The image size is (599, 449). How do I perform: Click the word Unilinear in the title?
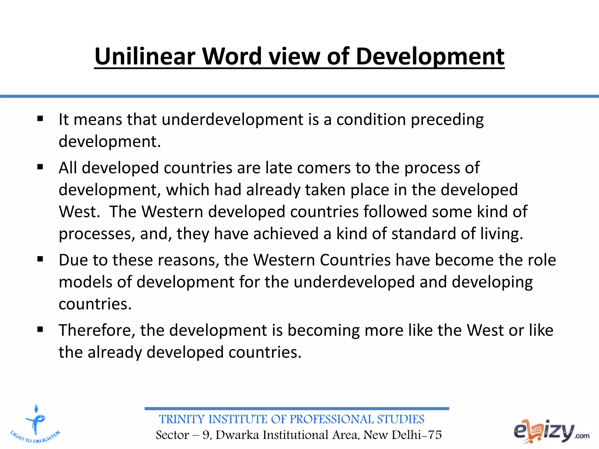(x=145, y=56)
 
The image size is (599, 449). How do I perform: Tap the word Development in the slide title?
(x=430, y=56)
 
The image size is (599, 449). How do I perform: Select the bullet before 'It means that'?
(x=40, y=119)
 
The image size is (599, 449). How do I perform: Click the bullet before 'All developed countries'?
(x=40, y=167)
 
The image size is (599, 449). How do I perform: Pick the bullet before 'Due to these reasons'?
(x=40, y=259)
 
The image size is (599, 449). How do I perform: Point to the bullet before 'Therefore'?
(x=40, y=329)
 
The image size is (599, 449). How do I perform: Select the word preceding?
(x=447, y=120)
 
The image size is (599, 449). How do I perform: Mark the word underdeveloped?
(x=354, y=282)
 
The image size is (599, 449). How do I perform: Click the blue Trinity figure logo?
(x=35, y=424)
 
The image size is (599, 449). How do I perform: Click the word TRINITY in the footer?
(x=181, y=419)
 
